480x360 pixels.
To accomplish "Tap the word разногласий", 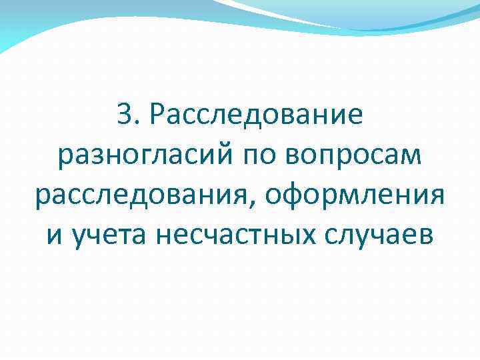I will click(x=146, y=158).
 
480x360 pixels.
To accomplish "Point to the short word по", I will click(x=262, y=158).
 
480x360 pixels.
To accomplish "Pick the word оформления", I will click(x=355, y=198).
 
